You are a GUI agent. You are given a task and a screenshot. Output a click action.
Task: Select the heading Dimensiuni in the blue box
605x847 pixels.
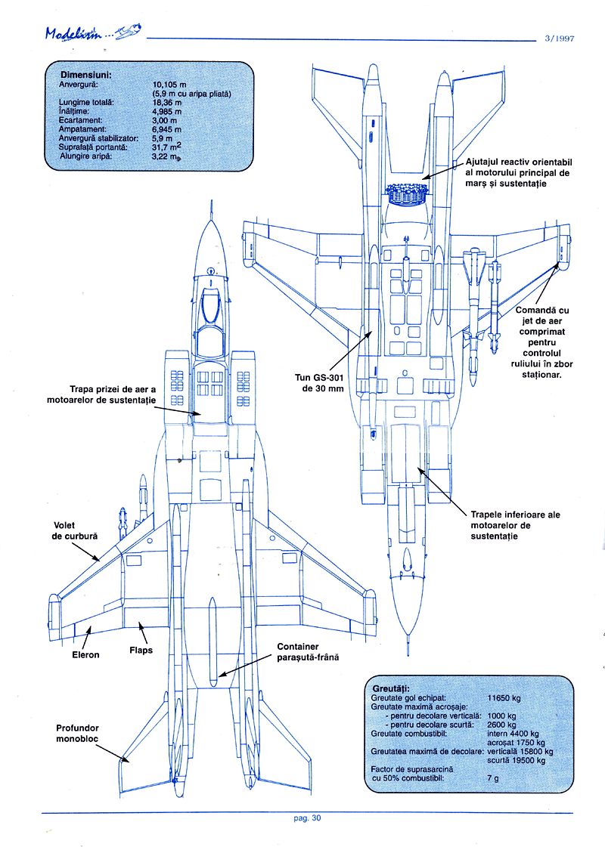coord(86,76)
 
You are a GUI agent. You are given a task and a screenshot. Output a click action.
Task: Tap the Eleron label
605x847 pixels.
coord(85,654)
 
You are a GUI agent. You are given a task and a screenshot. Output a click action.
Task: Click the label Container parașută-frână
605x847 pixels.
coord(307,652)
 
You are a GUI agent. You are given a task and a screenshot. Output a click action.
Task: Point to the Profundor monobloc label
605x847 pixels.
coord(78,734)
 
